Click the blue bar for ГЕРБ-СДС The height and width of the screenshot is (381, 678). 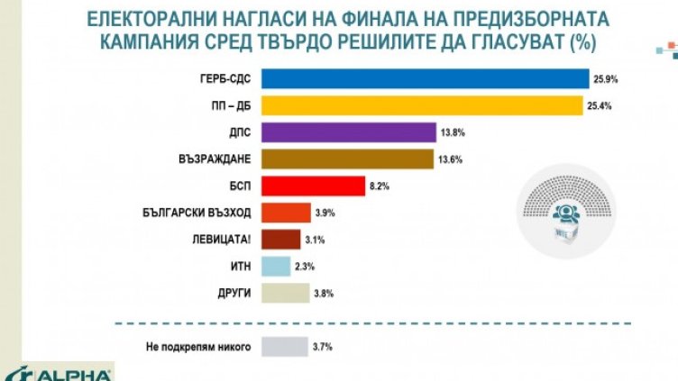tap(424, 78)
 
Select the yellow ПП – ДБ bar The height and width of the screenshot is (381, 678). tap(422, 105)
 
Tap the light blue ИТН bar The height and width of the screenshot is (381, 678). tap(276, 267)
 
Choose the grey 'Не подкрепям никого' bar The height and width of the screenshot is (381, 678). tap(284, 346)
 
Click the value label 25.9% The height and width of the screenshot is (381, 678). tap(605, 79)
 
